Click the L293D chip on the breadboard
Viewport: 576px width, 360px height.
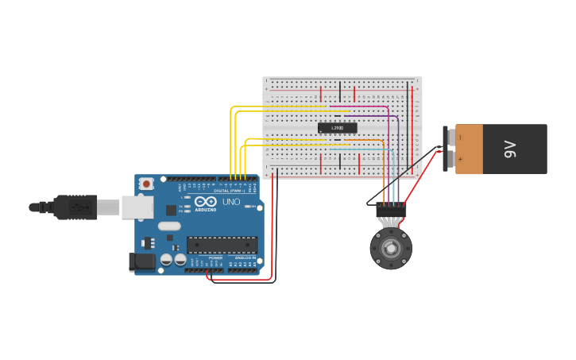pos(338,128)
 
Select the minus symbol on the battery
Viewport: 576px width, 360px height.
pos(460,137)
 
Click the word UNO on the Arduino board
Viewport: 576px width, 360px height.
pos(230,202)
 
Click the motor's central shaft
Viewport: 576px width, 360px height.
pos(391,249)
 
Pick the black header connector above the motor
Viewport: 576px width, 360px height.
pos(391,211)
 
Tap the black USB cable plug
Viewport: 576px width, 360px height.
pos(75,207)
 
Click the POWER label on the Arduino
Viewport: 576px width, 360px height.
pos(215,258)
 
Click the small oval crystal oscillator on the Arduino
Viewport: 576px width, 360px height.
pos(169,226)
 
